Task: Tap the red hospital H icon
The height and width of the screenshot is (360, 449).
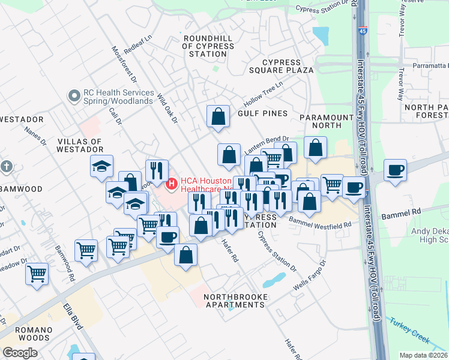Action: tap(172, 182)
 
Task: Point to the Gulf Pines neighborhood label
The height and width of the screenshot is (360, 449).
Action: tap(262, 113)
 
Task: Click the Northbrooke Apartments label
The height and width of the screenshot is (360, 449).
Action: tap(234, 301)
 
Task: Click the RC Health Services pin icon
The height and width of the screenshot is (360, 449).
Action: tap(74, 95)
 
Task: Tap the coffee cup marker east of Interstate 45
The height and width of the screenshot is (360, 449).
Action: tap(395, 170)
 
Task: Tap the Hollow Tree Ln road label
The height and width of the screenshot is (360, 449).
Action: tap(262, 93)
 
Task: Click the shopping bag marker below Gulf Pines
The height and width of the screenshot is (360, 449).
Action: tap(218, 116)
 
